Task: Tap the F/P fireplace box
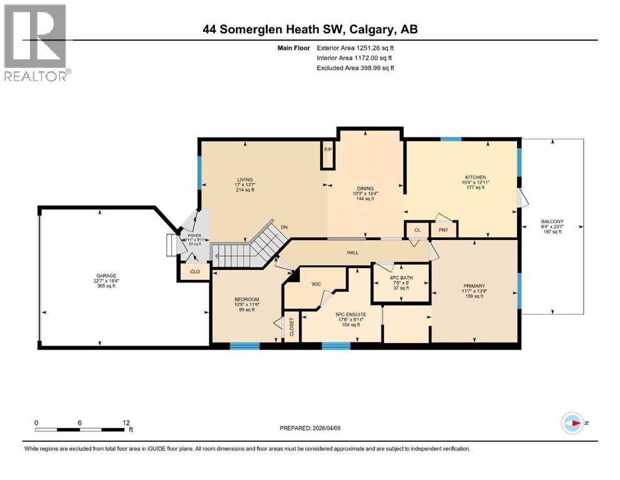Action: point(328,150)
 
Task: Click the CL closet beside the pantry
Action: point(417,229)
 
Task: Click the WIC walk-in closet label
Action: point(317,284)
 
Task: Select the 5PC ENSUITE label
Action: point(340,315)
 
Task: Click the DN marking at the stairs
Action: point(284,227)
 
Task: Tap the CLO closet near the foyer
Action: point(195,271)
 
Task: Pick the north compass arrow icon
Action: point(572,423)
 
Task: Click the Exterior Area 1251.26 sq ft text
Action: point(355,47)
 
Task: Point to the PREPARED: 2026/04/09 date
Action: point(310,428)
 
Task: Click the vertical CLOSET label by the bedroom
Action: point(291,328)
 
